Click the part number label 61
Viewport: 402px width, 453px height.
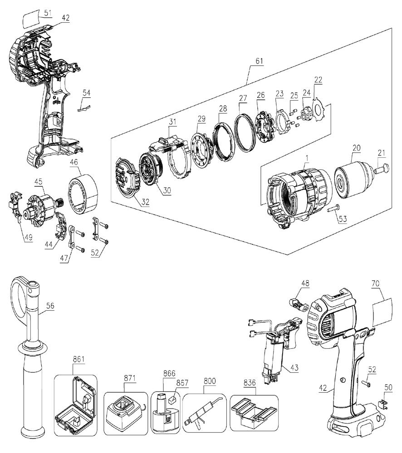coord(260,61)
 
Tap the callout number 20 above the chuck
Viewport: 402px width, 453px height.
coord(356,148)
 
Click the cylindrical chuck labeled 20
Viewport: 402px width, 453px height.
coord(353,180)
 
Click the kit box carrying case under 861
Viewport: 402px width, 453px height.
coord(76,409)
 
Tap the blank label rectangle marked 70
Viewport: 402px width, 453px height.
coord(382,311)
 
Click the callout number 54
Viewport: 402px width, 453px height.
coord(86,93)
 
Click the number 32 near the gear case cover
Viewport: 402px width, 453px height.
coord(145,202)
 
